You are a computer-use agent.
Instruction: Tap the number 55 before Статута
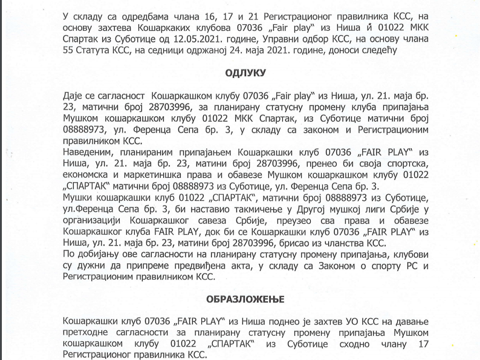(x=68, y=51)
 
